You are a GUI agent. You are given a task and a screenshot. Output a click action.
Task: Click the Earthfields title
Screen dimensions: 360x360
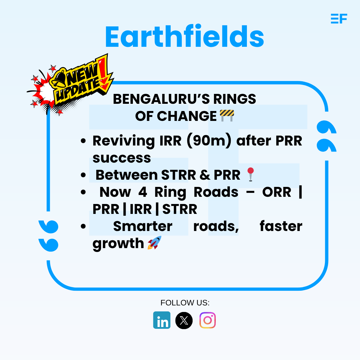(x=184, y=37)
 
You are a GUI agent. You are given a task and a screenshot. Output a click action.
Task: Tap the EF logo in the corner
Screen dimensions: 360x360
(x=339, y=19)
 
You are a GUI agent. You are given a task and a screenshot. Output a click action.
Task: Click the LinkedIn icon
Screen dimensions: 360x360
(x=162, y=320)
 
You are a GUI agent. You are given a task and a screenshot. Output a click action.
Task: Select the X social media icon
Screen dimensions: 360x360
(x=184, y=320)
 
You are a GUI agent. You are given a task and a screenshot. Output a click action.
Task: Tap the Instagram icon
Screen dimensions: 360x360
(x=208, y=320)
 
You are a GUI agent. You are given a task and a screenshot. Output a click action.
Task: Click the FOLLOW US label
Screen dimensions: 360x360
(x=185, y=303)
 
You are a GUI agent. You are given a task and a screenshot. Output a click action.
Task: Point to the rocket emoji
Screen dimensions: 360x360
(x=154, y=243)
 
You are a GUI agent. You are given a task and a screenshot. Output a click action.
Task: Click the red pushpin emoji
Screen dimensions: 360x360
(x=250, y=174)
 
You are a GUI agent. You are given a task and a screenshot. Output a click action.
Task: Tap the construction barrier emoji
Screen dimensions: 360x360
(x=227, y=115)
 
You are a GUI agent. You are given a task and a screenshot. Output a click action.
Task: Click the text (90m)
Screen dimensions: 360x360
(x=209, y=141)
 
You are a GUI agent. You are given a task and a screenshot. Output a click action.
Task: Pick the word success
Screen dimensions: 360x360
(x=121, y=158)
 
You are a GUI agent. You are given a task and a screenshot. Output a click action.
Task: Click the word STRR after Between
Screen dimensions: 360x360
(x=178, y=175)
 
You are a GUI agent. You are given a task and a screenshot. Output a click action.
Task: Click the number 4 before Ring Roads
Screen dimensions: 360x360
(x=142, y=192)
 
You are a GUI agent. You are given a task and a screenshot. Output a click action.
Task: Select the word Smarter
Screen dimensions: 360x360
(x=142, y=226)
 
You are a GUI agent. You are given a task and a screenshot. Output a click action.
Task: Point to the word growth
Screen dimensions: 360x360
(x=118, y=244)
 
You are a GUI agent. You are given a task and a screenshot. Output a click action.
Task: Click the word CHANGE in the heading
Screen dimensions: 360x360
(x=191, y=116)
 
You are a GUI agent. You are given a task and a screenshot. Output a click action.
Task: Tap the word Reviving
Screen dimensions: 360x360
(x=124, y=141)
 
